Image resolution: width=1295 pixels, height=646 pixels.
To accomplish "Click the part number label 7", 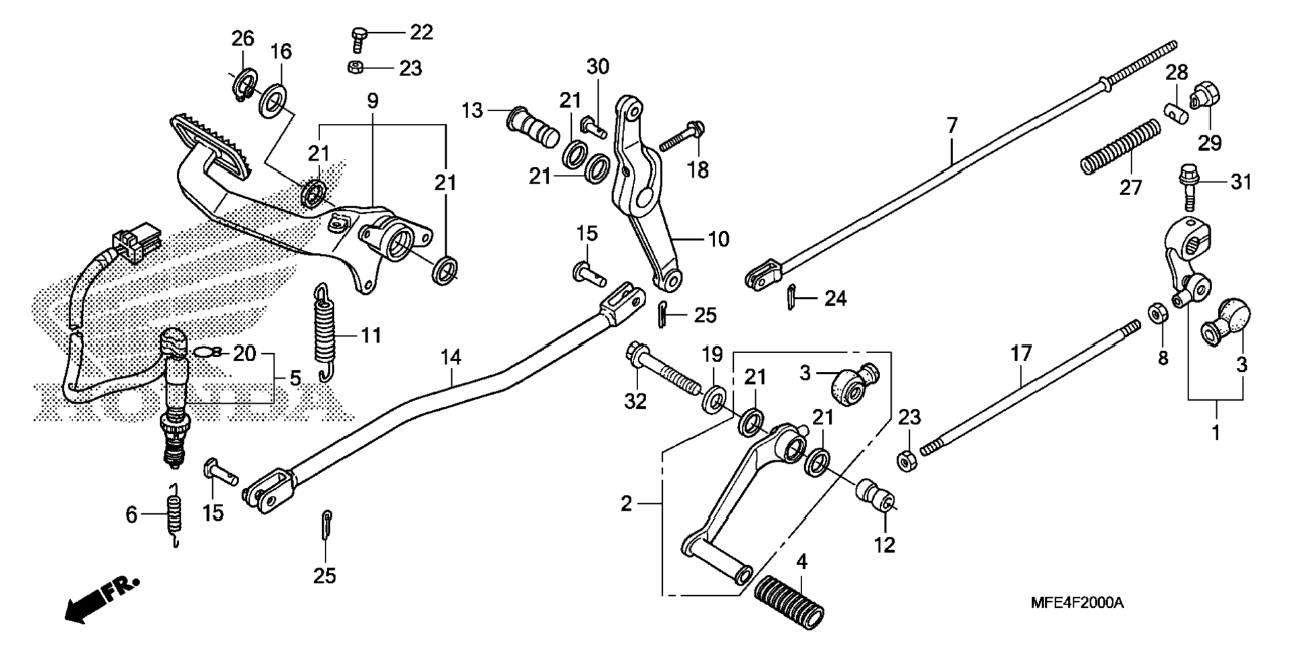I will [x=951, y=125].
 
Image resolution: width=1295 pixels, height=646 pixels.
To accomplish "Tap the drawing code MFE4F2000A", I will [x=1077, y=603].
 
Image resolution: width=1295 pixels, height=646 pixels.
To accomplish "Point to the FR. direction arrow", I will [x=100, y=599].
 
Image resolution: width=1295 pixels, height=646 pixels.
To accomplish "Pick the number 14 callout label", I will [x=451, y=358].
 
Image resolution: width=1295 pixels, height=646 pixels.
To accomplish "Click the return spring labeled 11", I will [x=325, y=330].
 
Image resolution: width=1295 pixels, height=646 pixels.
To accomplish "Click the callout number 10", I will [x=718, y=239].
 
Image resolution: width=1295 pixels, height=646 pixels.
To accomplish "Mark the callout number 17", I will [x=1020, y=353].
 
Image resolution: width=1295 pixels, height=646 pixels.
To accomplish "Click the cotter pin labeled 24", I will [x=791, y=297].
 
